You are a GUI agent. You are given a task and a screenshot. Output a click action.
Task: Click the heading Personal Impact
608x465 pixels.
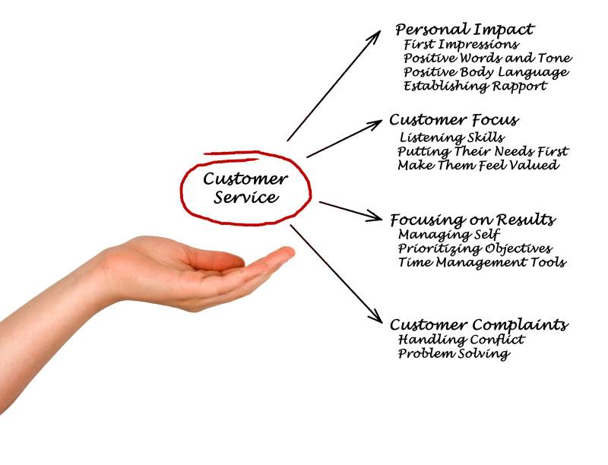point(464,30)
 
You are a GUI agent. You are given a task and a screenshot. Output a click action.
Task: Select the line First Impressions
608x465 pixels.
point(461,44)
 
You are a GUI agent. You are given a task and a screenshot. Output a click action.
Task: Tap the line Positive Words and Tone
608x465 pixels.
point(487,58)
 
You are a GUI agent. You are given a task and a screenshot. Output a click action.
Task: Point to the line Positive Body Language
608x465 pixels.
point(486,72)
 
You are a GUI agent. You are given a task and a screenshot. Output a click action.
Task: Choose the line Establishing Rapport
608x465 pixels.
point(474,86)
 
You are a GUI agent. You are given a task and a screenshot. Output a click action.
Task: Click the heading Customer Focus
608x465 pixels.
point(454,120)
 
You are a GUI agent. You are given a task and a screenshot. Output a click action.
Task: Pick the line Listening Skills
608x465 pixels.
point(451,138)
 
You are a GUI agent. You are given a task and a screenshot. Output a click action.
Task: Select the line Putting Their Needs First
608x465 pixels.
point(482,151)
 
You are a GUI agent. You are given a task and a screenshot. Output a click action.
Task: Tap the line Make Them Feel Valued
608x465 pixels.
point(477,165)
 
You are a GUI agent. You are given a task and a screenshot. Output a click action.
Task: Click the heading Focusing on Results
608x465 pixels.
point(472,220)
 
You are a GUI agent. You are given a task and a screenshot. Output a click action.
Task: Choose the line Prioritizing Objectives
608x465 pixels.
point(474,248)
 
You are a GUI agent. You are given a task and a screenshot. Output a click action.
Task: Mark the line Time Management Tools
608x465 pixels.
point(481,262)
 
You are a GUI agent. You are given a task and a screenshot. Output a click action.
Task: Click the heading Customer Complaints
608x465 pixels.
point(478,324)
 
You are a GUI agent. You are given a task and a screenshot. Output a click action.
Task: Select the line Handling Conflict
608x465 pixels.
point(461,339)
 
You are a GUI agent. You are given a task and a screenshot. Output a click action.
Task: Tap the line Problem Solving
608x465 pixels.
point(453,353)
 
